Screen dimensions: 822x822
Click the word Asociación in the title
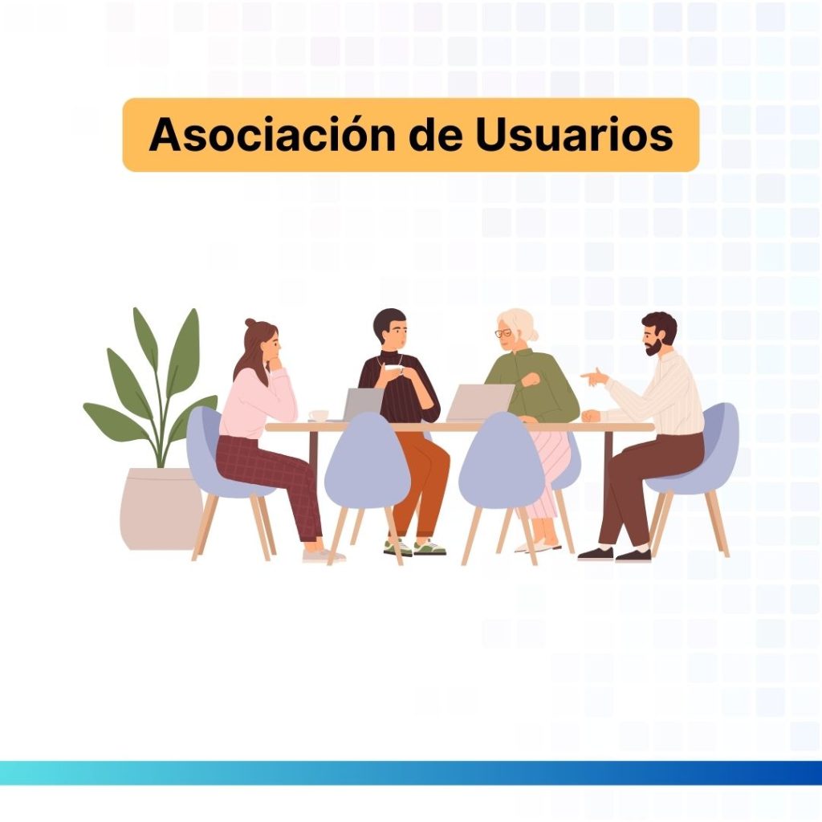pyautogui.click(x=272, y=135)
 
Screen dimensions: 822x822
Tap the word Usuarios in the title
pyautogui.click(x=574, y=135)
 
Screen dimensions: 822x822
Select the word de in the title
pyautogui.click(x=436, y=135)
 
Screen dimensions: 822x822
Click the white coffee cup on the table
pyautogui.click(x=318, y=415)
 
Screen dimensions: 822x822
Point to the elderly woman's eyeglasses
pyautogui.click(x=503, y=333)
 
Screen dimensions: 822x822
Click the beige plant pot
pyautogui.click(x=161, y=508)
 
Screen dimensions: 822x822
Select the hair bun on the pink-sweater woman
pyautogui.click(x=250, y=323)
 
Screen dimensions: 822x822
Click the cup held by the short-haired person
pyautogui.click(x=393, y=369)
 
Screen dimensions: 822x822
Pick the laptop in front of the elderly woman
pyautogui.click(x=480, y=403)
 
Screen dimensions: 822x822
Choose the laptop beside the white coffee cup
pyautogui.click(x=362, y=405)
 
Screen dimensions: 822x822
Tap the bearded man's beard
pyautogui.click(x=656, y=347)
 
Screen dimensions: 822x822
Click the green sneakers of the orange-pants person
pyautogui.click(x=415, y=547)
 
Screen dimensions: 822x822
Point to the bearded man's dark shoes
pyautogui.click(x=615, y=554)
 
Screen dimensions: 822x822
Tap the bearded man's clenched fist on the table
pyautogui.click(x=591, y=415)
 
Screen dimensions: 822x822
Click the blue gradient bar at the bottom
pyautogui.click(x=411, y=773)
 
